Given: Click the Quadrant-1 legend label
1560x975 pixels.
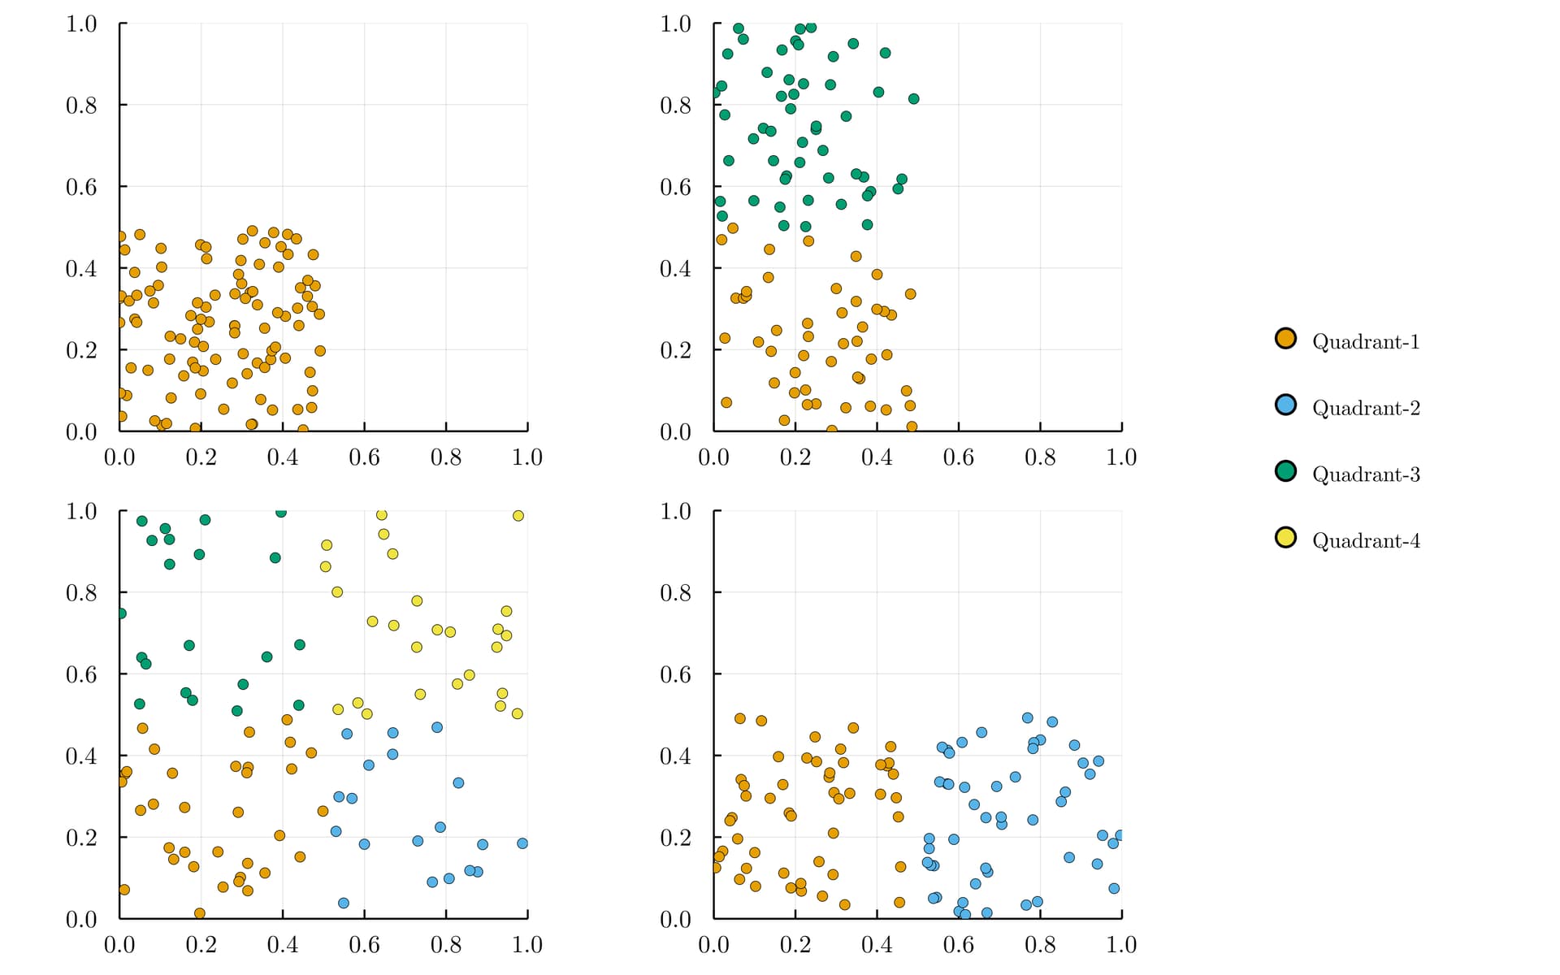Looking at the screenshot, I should (1366, 342).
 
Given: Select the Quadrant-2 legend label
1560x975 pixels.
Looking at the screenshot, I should (1366, 408).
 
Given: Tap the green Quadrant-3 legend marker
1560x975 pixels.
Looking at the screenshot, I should (1285, 471).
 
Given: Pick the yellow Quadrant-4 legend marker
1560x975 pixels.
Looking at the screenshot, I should (1285, 538).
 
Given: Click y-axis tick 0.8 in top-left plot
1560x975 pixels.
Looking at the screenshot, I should (81, 106).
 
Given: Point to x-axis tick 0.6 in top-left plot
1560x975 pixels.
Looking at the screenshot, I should (364, 457).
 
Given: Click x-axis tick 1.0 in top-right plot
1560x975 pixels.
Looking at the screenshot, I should (1121, 457).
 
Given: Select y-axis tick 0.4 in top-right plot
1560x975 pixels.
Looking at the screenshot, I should (675, 269).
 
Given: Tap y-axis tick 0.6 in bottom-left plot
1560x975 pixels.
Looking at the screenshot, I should (81, 674).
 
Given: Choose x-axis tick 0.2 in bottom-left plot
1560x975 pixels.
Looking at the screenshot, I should (201, 945).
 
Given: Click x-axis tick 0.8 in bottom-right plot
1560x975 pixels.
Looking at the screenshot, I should (1040, 945).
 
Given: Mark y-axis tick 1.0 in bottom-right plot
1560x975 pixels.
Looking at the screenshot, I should (675, 512).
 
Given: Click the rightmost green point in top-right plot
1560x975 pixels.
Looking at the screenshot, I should (913, 99).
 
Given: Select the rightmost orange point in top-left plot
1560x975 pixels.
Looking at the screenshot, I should (320, 351).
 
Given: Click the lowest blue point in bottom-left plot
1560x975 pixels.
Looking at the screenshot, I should (344, 903).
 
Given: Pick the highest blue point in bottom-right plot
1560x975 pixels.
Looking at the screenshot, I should (1027, 718).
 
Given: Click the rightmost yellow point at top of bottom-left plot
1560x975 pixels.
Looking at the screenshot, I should (518, 516).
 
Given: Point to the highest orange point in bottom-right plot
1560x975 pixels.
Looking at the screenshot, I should (739, 718).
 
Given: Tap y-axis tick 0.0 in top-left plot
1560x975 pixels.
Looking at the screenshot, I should (81, 432).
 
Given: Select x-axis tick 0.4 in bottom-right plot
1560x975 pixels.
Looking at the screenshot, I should (877, 945).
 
